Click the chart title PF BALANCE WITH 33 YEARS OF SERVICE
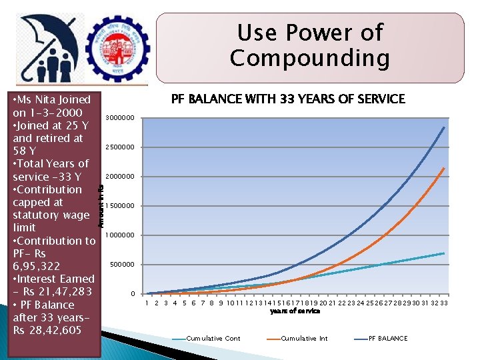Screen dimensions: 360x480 (288, 99)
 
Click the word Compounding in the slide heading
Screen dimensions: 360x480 (309, 58)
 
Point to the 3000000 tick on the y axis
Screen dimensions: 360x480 (121, 118)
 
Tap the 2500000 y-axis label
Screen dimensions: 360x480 (121, 147)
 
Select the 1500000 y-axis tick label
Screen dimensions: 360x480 (121, 206)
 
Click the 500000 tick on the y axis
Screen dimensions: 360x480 (123, 265)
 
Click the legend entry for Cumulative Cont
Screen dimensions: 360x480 (213, 339)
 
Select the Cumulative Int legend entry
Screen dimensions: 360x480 (304, 339)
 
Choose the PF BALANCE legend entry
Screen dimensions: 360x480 (387, 339)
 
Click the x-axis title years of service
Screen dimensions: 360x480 (295, 311)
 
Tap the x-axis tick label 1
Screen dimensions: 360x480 (147, 303)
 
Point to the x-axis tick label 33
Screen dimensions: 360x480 (443, 303)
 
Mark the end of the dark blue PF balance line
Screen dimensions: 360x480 (444, 127)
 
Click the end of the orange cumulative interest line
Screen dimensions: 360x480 (444, 168)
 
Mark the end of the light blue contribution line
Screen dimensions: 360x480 (444, 253)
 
